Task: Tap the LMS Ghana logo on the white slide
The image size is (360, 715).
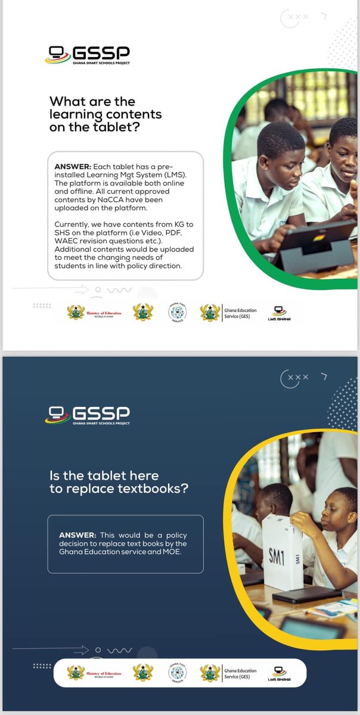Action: [278, 313]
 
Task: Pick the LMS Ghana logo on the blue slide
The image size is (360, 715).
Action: [278, 673]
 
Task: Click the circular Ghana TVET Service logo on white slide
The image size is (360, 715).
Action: [177, 312]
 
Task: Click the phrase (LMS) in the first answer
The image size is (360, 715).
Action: [179, 173]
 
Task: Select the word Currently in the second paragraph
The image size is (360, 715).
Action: [73, 223]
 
